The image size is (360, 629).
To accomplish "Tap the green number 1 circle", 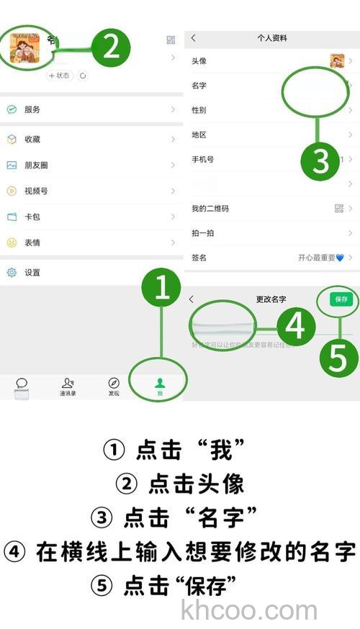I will pyautogui.click(x=163, y=288).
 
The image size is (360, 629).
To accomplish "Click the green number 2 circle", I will pyautogui.click(x=110, y=47).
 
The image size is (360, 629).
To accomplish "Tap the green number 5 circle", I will pyautogui.click(x=338, y=358).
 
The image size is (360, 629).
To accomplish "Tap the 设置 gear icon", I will pyautogui.click(x=12, y=273).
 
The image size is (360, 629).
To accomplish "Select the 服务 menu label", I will pyautogui.click(x=32, y=109).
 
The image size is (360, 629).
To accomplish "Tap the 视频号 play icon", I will pyautogui.click(x=12, y=191).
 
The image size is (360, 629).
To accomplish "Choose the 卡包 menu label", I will pyautogui.click(x=32, y=217).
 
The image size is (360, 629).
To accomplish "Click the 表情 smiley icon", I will pyautogui.click(x=12, y=243).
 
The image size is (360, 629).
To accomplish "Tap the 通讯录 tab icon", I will pyautogui.click(x=68, y=383).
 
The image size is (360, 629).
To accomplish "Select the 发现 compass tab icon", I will pyautogui.click(x=114, y=383).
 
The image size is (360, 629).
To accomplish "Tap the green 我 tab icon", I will pyautogui.click(x=160, y=384).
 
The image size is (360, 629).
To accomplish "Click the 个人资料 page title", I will pyautogui.click(x=272, y=38).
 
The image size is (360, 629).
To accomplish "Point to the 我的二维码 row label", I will pyautogui.click(x=210, y=209).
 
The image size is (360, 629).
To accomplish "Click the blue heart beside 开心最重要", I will pyautogui.click(x=340, y=258).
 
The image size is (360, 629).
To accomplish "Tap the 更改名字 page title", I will pyautogui.click(x=271, y=299).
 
